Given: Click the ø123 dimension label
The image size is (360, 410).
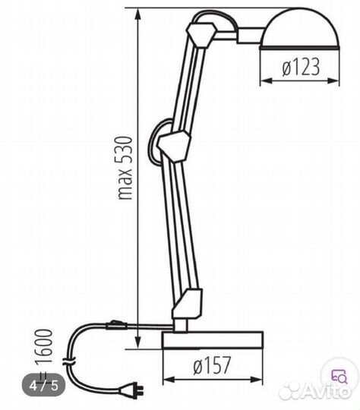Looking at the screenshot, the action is point(301,67).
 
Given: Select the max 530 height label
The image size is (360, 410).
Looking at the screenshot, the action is point(125,168).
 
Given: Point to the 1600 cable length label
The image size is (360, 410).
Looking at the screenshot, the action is point(44,346).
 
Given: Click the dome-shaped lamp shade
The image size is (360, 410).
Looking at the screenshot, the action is point(299,30).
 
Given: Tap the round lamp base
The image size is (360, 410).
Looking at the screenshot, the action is point(213,340).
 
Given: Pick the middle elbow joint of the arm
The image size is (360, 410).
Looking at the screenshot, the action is point(173,147).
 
